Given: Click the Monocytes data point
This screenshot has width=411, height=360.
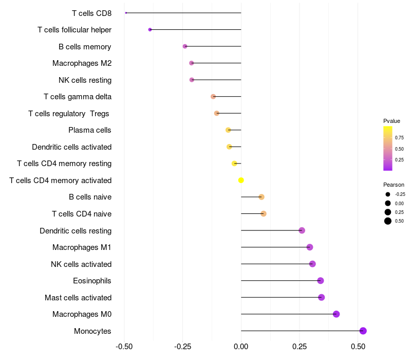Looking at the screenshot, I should (x=363, y=331).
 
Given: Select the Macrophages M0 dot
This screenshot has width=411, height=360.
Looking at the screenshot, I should (x=336, y=314).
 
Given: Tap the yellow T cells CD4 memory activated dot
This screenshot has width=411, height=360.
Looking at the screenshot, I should (x=241, y=180).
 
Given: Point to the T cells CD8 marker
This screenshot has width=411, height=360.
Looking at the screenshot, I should (x=126, y=13).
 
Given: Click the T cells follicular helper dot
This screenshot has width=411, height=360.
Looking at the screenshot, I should (x=150, y=30).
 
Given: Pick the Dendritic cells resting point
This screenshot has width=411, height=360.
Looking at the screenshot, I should (x=302, y=230).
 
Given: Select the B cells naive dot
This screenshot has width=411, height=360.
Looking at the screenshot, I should (x=261, y=197).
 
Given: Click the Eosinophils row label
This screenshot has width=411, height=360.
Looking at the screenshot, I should (x=92, y=281).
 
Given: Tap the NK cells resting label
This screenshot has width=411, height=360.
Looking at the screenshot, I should (x=85, y=80).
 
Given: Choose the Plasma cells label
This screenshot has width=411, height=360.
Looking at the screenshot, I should (x=89, y=130).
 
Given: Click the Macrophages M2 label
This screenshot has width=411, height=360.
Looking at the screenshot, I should (x=82, y=63).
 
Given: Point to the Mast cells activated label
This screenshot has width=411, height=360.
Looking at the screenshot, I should (x=78, y=298).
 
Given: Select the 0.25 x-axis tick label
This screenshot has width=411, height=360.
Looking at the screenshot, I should (x=300, y=347).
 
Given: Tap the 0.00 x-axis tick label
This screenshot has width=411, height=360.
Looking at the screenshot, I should (x=241, y=347).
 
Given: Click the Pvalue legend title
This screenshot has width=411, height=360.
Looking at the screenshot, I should (x=391, y=121).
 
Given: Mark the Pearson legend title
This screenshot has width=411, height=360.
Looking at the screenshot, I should (x=394, y=185).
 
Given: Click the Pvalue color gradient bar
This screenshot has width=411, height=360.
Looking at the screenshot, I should (x=388, y=148).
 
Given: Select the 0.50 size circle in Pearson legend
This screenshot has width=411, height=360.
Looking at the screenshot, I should (x=388, y=221).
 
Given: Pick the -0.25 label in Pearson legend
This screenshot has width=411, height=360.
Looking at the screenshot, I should (x=400, y=194).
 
